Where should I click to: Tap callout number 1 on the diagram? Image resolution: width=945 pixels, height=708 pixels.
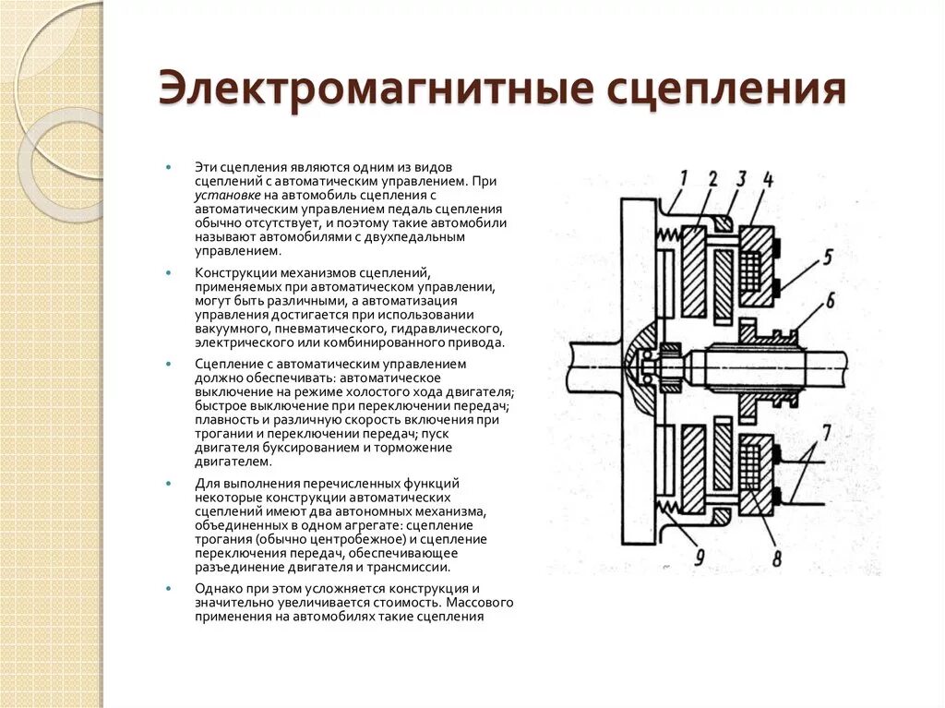point(683,177)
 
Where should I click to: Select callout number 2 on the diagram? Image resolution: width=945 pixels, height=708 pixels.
point(712,178)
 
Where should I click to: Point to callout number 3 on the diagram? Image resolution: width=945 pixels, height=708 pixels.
point(741,178)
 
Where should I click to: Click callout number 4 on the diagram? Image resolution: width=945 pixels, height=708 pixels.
point(768,178)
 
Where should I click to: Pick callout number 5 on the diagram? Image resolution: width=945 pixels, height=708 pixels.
point(828,256)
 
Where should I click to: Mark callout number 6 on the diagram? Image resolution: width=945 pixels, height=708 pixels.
point(830,300)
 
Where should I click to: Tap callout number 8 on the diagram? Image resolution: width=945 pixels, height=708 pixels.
point(776,558)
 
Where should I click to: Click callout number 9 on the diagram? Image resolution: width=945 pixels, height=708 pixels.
point(699,557)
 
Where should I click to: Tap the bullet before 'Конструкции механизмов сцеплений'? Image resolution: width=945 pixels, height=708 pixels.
point(169,274)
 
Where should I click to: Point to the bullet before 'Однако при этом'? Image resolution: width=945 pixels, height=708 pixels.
point(169,588)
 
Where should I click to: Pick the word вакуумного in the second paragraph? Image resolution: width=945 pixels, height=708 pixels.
point(232,328)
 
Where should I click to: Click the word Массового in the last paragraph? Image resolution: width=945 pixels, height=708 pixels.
point(472,602)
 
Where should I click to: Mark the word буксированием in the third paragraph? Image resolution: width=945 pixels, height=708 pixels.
point(292,448)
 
